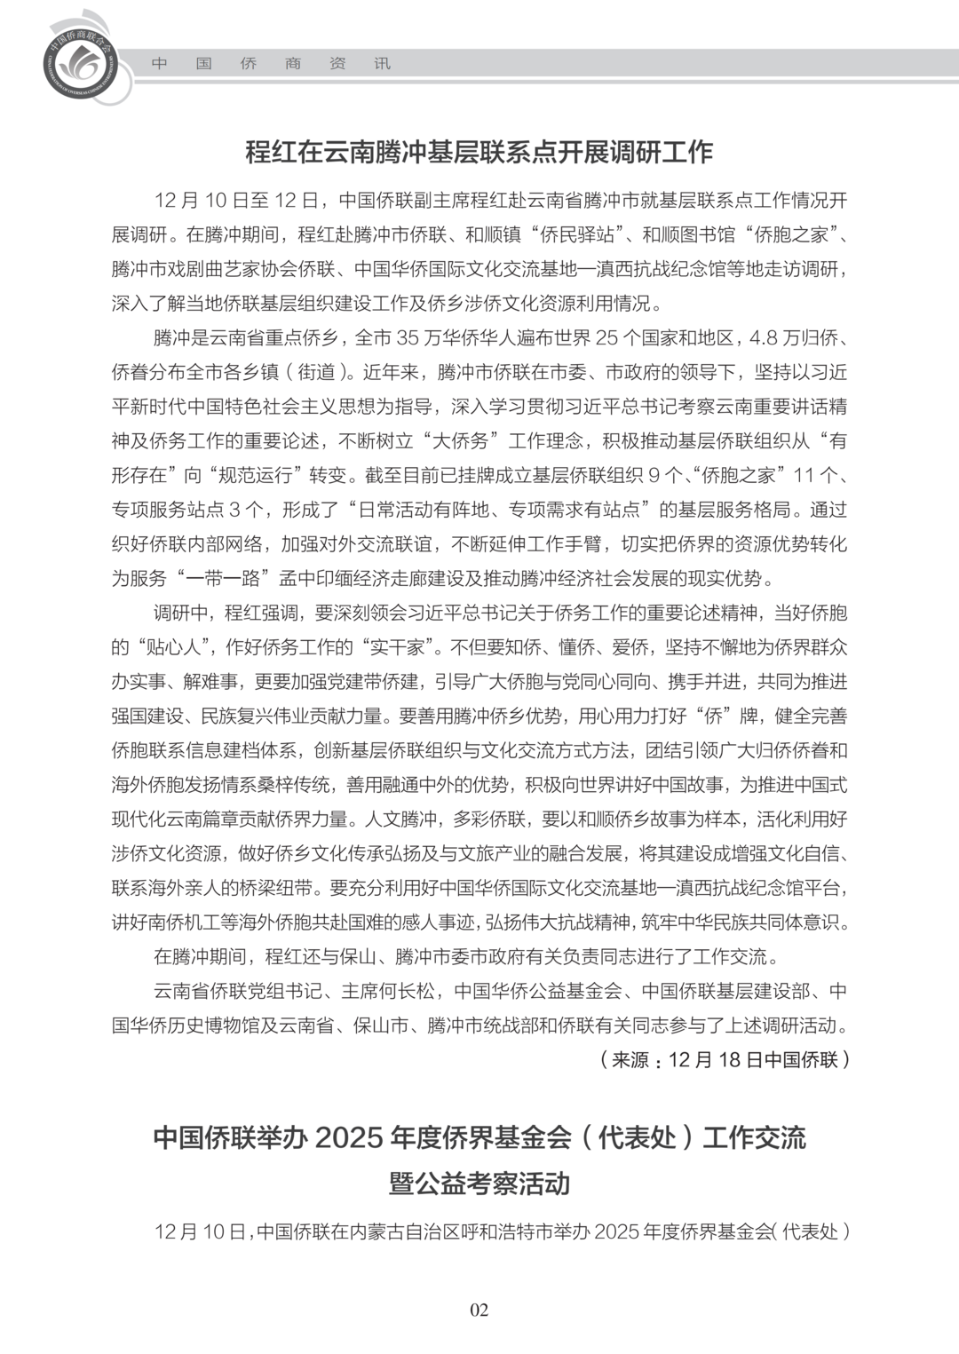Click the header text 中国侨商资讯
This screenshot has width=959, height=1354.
pyautogui.click(x=271, y=64)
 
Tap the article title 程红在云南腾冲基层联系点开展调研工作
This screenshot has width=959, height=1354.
pyautogui.click(x=479, y=152)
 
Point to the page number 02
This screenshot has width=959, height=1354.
pyautogui.click(x=479, y=1310)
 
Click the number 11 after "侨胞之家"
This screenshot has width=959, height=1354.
pyautogui.click(x=803, y=475)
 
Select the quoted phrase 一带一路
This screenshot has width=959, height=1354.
pyautogui.click(x=222, y=578)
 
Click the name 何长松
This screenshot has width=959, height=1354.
pyautogui.click(x=409, y=991)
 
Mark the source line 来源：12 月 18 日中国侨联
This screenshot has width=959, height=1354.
pyautogui.click(x=725, y=1059)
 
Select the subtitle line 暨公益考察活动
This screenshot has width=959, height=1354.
pyautogui.click(x=479, y=1184)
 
